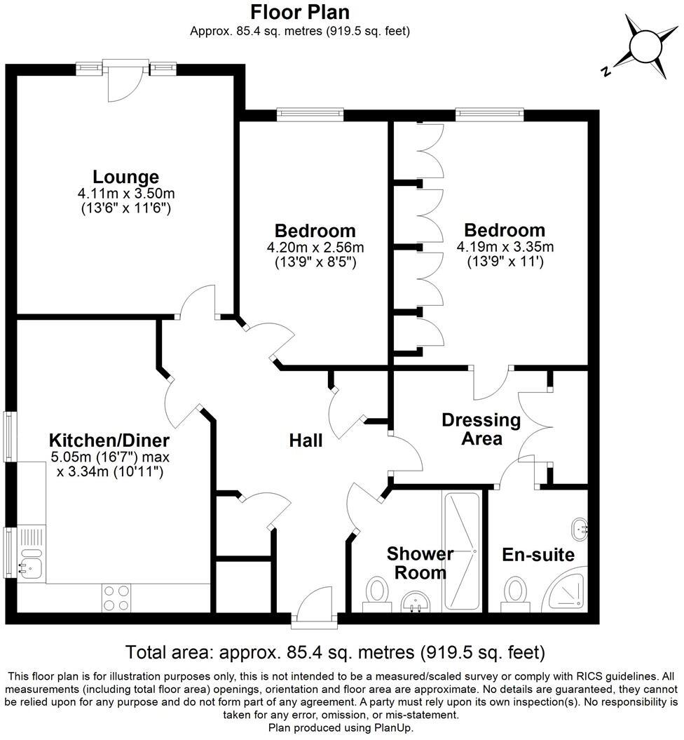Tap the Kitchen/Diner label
(109, 440)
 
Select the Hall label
(306, 440)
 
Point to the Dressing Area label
(481, 429)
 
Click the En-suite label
(538, 556)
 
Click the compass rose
(645, 46)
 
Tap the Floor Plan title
(300, 12)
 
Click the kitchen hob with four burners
(116, 598)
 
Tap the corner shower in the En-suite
(568, 593)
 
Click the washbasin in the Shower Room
(419, 601)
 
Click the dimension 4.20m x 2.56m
(315, 248)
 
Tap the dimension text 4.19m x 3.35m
(505, 247)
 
